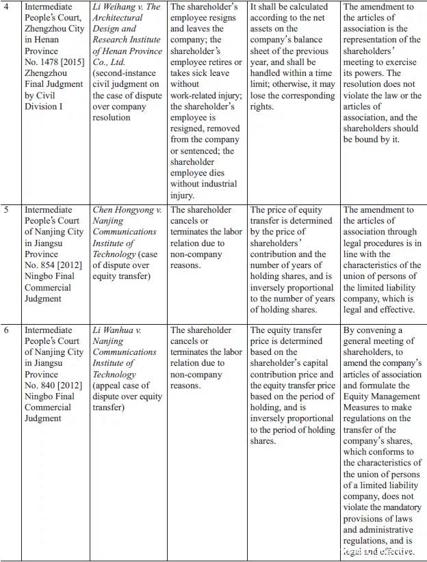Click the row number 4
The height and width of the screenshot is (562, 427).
click(x=9, y=8)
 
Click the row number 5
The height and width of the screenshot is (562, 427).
click(x=9, y=210)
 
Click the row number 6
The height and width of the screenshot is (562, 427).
click(x=9, y=330)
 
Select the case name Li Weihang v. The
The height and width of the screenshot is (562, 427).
click(x=127, y=8)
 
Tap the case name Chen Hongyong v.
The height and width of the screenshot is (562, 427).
click(x=127, y=210)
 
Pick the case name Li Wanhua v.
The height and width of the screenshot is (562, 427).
click(x=121, y=330)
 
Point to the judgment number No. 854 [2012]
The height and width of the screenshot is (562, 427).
click(x=55, y=265)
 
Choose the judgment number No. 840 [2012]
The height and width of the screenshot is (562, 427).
click(x=55, y=386)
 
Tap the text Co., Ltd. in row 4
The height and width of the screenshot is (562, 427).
click(x=110, y=62)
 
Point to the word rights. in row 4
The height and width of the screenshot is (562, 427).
click(x=264, y=107)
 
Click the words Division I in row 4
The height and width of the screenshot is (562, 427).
click(x=45, y=107)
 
